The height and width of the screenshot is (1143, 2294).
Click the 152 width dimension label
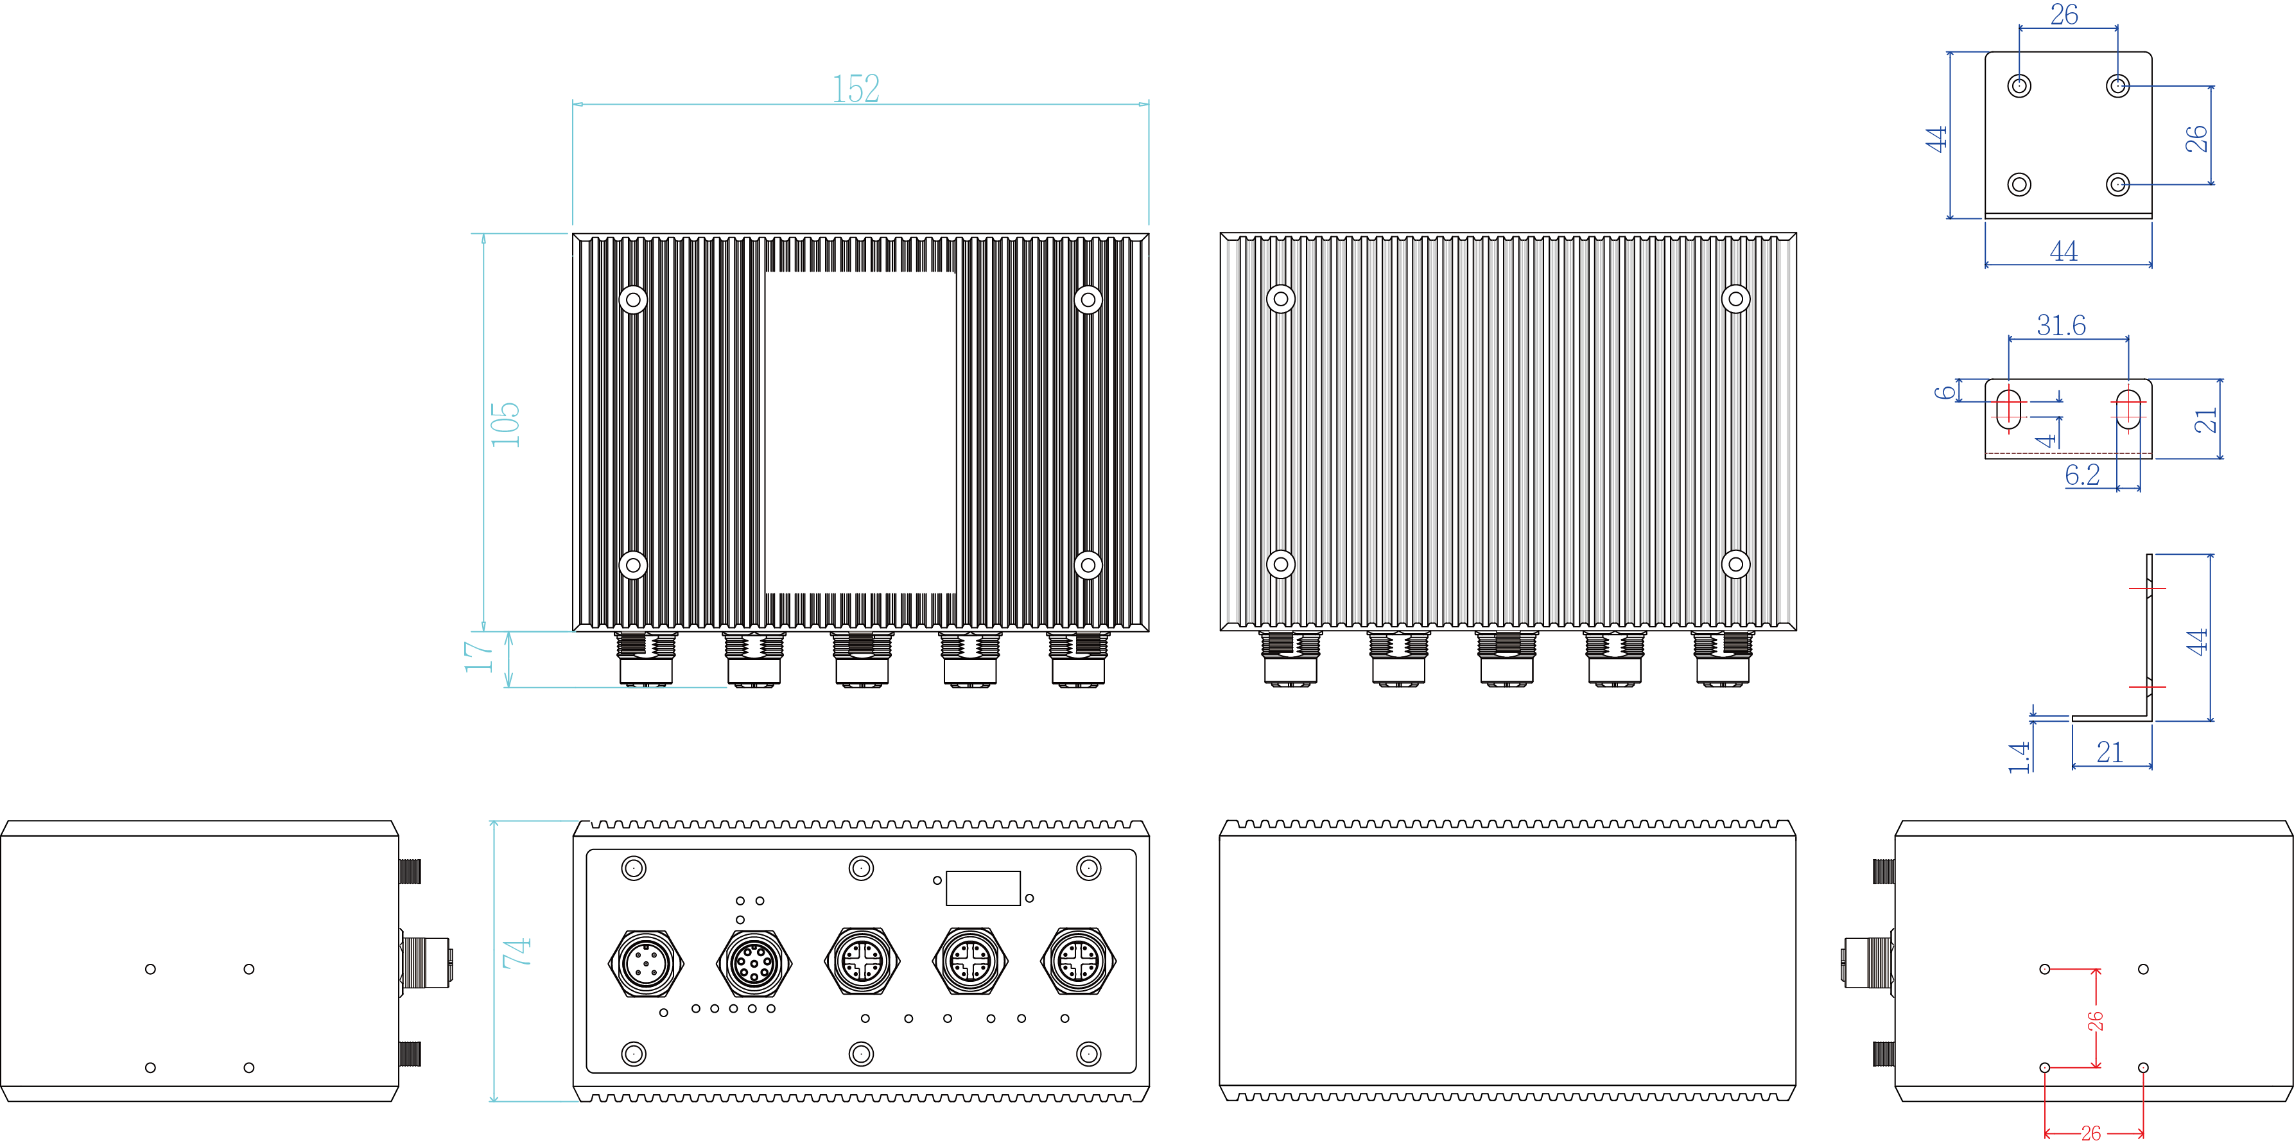[x=856, y=88]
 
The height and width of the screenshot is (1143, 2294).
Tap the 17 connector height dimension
[x=478, y=656]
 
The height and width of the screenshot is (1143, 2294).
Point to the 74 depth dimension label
[x=516, y=952]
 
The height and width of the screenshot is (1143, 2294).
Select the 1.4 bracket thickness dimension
[x=2019, y=756]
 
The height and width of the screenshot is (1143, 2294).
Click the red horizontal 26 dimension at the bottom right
[x=2091, y=1132]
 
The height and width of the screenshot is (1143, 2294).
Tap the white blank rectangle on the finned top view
[x=860, y=432]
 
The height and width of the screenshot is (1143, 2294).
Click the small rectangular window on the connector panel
[x=982, y=888]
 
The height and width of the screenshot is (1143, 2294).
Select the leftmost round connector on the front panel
[x=646, y=962]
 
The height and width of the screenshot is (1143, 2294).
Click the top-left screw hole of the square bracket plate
[x=2020, y=85]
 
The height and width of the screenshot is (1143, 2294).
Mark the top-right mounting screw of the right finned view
[x=1735, y=299]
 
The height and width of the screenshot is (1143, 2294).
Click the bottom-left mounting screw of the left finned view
[x=633, y=565]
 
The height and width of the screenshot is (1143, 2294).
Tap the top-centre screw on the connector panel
[x=861, y=868]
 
